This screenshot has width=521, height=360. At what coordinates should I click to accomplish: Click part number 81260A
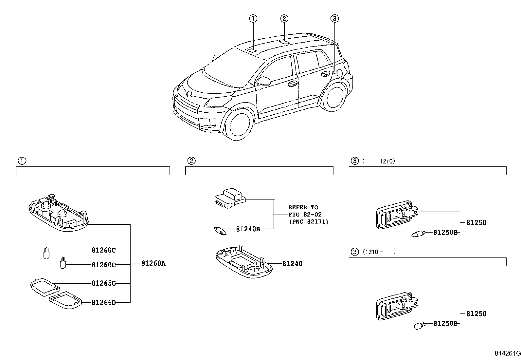point(153,263)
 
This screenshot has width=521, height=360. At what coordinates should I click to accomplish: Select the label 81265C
point(103,283)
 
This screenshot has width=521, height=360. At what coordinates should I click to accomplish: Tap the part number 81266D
point(103,302)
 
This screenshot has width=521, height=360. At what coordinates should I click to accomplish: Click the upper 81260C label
point(103,250)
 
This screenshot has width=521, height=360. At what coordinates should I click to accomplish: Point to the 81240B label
point(248,229)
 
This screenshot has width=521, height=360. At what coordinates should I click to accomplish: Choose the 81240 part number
point(292,263)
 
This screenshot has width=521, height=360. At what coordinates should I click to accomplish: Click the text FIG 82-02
point(305,215)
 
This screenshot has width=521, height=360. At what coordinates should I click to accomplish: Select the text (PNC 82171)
point(308,222)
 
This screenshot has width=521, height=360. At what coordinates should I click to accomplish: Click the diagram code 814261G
point(507,354)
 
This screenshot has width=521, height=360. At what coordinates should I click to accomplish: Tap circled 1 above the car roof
point(253,19)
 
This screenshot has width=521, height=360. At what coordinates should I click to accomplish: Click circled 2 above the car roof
point(284,18)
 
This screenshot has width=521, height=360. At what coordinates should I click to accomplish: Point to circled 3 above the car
point(334,19)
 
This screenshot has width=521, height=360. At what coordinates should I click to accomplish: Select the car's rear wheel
point(333,97)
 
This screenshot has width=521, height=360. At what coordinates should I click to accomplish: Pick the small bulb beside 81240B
point(220,230)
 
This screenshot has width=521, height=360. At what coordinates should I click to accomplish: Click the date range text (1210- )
point(379,252)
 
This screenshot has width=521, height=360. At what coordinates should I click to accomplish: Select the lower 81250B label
point(445,323)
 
